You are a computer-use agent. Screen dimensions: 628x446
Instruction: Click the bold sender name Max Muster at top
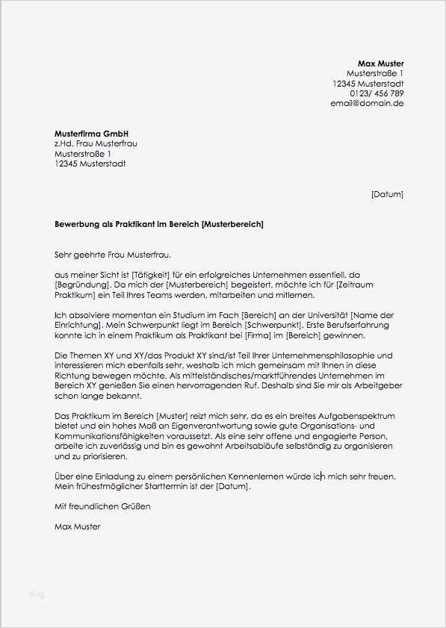pyautogui.click(x=380, y=63)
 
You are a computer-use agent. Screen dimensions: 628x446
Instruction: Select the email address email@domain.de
pyautogui.click(x=367, y=103)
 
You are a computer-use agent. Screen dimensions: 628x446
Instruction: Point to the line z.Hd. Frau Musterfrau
pyautogui.click(x=96, y=143)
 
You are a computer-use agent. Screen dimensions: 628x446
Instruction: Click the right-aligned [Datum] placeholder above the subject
pyautogui.click(x=386, y=194)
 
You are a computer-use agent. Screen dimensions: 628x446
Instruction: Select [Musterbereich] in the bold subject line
pyautogui.click(x=232, y=224)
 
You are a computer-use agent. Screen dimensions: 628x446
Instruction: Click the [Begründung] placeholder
pyautogui.click(x=81, y=285)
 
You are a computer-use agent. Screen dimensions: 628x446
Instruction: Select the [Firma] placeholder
pyautogui.click(x=258, y=336)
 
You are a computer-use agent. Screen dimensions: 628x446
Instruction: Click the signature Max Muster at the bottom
pyautogui.click(x=77, y=526)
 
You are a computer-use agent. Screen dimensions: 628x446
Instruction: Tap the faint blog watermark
pyautogui.click(x=37, y=594)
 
